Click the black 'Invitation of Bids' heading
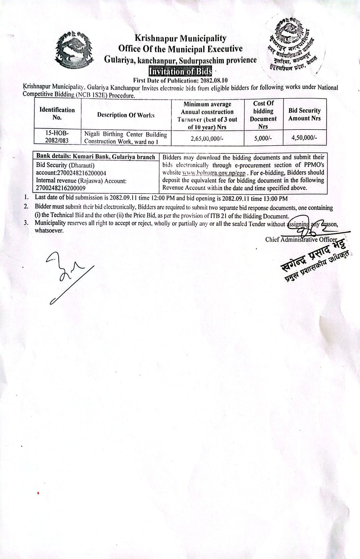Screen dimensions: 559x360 180,72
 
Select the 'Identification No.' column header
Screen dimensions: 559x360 57,114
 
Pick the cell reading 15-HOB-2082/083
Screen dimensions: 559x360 57,137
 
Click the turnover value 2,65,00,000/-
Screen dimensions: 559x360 207,138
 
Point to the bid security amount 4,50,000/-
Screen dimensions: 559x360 304,138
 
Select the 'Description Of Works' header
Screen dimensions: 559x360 126,115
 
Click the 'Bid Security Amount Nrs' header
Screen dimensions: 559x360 304,115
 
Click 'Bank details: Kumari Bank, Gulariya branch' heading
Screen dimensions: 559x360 96,157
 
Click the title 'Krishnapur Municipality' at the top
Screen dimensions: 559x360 180,38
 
